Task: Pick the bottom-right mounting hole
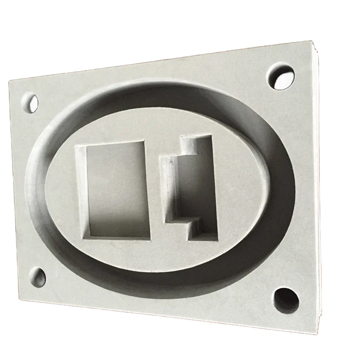point(286,300)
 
